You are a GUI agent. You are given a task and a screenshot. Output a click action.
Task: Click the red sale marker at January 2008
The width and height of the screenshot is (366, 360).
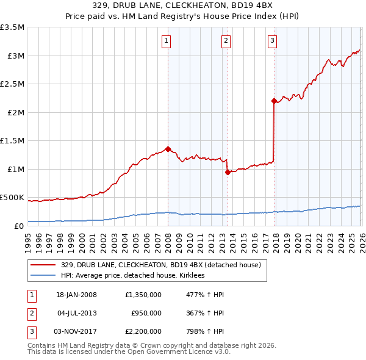(168, 148)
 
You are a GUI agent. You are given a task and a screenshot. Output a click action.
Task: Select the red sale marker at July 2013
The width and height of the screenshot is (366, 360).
(227, 172)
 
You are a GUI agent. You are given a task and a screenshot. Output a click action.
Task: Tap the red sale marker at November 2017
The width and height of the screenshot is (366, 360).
(274, 100)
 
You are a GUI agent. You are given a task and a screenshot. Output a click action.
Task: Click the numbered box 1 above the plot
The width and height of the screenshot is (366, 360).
(166, 41)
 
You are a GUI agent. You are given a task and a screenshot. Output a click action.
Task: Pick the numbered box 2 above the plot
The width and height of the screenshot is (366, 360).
(225, 41)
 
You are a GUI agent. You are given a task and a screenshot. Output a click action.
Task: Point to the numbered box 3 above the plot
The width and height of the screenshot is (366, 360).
(272, 41)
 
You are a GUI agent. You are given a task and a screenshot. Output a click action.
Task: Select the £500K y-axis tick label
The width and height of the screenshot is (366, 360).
(12, 198)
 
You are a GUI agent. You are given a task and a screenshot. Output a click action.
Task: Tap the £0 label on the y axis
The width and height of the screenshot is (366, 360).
(18, 226)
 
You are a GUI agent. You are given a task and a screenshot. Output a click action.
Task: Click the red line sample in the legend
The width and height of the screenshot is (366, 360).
(43, 265)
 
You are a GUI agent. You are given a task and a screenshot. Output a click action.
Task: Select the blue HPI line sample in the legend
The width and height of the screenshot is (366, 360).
(43, 276)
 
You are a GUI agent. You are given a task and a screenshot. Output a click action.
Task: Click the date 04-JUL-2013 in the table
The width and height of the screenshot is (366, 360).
(77, 313)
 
